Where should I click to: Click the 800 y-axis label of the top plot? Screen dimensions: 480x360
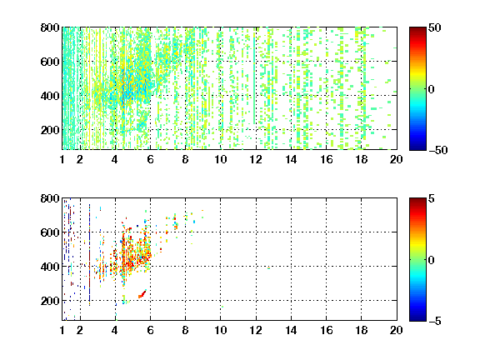50,27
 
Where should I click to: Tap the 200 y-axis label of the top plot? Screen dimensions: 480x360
50,130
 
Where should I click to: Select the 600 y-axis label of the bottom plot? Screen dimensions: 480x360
50,232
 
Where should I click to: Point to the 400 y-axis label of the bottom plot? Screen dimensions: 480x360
50,267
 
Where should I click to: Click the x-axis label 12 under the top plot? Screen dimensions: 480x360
256,159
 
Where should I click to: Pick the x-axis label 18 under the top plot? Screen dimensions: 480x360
361,159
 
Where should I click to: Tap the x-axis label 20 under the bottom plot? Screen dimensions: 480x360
397,330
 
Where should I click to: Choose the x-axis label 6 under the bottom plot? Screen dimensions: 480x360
150,330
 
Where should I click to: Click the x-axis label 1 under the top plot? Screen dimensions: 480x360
62,159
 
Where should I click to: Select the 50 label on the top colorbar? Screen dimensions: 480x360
435,27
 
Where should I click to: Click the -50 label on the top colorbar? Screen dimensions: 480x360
438,150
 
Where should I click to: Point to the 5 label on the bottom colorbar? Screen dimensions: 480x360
432,198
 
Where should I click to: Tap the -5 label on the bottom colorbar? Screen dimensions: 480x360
435,321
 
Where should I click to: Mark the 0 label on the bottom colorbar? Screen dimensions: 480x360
432,260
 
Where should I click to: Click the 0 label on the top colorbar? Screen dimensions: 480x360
432,89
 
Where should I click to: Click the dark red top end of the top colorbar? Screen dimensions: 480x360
417,29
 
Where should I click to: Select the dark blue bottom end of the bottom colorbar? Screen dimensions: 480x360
417,319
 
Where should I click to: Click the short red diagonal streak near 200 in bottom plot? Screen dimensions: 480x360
142,294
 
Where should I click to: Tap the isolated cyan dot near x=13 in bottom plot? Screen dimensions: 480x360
269,268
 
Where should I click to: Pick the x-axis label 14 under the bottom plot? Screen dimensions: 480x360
291,330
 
